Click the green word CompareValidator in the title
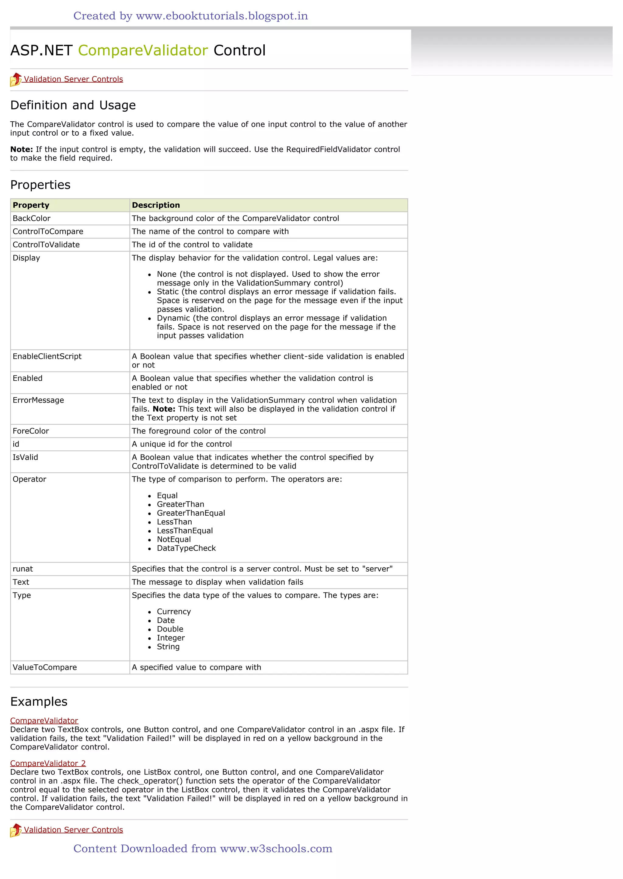tap(143, 50)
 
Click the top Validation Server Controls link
tap(73, 79)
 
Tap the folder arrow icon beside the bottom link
tap(16, 830)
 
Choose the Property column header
tap(31, 205)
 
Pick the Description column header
tap(156, 205)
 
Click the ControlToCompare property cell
tap(48, 232)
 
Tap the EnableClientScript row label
tap(47, 357)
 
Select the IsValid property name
tap(25, 457)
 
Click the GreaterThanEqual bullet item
tap(191, 513)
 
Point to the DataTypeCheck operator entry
tap(186, 548)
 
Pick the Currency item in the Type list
tap(174, 612)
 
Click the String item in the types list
tap(168, 647)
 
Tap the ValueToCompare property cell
tap(45, 667)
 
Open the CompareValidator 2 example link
tap(48, 763)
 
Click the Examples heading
tap(39, 701)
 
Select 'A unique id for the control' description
tap(182, 444)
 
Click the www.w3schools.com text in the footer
tap(276, 849)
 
